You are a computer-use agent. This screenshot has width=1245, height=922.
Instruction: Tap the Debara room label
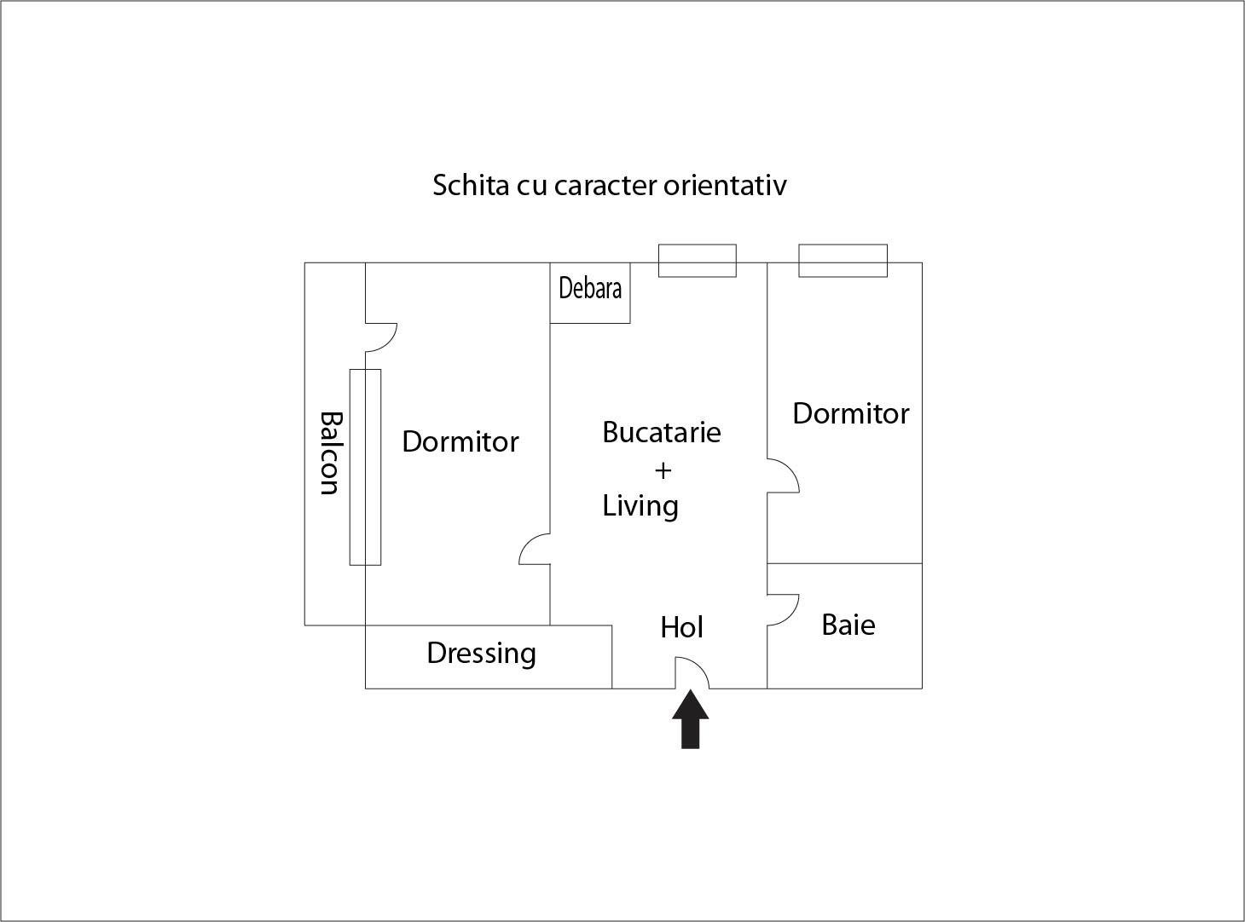click(590, 288)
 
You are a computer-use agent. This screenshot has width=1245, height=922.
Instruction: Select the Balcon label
click(330, 452)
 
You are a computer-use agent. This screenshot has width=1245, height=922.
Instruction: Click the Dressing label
click(481, 654)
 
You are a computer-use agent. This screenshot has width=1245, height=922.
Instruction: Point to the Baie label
click(848, 625)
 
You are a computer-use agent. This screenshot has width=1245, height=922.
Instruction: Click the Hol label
click(681, 628)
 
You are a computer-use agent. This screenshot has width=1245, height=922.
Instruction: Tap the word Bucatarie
click(661, 432)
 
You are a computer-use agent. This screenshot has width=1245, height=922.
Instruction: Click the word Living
click(640, 505)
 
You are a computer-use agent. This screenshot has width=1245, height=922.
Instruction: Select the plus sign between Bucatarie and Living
click(663, 470)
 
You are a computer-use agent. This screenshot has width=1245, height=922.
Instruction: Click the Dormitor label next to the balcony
click(460, 441)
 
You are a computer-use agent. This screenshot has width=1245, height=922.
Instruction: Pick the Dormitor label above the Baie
click(850, 413)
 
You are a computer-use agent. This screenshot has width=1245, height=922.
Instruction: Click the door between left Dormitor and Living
click(535, 549)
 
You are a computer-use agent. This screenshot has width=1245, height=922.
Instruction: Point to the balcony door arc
click(382, 337)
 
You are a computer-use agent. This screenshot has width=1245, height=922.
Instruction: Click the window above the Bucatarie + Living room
click(697, 261)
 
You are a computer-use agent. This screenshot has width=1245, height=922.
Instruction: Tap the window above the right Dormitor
click(843, 261)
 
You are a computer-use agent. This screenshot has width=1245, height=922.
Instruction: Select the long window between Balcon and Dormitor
click(365, 467)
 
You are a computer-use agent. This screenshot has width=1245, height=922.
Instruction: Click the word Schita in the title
click(470, 185)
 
